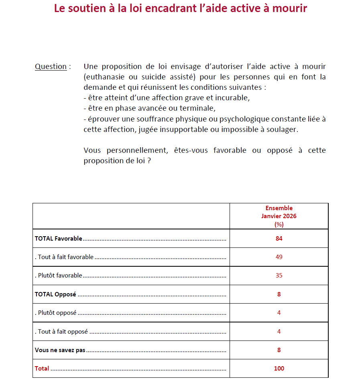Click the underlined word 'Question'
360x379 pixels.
point(51,67)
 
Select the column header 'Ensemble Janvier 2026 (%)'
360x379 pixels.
point(279,216)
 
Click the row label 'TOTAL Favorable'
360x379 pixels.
point(58,239)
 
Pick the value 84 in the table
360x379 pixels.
point(279,239)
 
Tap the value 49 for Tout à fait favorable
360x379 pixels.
point(279,257)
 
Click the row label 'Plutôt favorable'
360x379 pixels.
point(60,276)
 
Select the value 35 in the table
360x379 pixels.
point(279,276)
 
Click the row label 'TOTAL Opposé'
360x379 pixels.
point(55,294)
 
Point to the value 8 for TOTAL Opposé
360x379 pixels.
point(279,294)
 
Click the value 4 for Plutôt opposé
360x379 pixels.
point(279,313)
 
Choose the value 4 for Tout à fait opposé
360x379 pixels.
point(279,332)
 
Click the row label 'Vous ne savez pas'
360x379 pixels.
point(60,350)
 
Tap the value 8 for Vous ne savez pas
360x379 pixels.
point(279,350)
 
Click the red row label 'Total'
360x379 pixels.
point(42,369)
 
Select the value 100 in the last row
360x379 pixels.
point(279,369)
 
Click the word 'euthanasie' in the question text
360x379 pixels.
point(104,77)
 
